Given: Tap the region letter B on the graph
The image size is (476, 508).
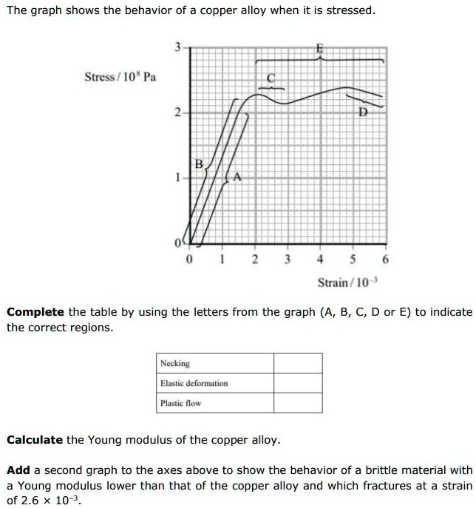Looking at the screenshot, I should click(x=198, y=162).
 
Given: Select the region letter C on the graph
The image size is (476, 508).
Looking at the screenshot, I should click(x=270, y=76).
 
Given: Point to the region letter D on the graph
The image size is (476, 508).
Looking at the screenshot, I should click(x=363, y=112).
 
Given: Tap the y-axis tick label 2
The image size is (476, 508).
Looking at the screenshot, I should click(x=177, y=113).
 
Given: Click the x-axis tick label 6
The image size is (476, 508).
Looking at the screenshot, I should click(x=386, y=260).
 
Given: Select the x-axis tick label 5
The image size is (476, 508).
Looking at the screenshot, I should click(x=353, y=260).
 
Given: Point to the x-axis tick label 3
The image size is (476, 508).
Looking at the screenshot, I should click(x=287, y=260).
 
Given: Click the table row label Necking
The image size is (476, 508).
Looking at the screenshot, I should click(x=175, y=363).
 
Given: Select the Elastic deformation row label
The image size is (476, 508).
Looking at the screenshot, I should click(x=194, y=383).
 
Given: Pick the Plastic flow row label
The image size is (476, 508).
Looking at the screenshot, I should click(x=180, y=403).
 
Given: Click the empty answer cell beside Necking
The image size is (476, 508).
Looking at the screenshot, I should click(x=298, y=363).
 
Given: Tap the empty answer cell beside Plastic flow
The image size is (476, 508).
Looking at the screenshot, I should click(x=298, y=403).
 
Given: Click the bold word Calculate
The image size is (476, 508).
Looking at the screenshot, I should click(x=35, y=440).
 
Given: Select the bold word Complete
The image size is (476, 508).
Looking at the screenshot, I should click(x=35, y=312).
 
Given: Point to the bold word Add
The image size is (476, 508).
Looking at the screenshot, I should click(x=18, y=470).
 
